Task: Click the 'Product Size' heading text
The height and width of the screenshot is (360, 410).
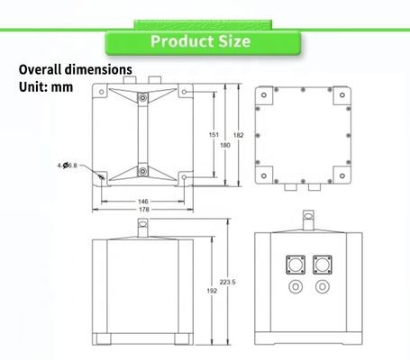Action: pyautogui.click(x=200, y=41)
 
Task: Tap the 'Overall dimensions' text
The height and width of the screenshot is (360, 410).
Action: pyautogui.click(x=76, y=69)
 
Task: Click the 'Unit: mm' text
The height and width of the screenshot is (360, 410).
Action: pyautogui.click(x=46, y=87)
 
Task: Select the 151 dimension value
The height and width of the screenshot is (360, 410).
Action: pyautogui.click(x=214, y=135)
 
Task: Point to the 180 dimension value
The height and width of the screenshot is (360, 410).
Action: pyautogui.click(x=225, y=145)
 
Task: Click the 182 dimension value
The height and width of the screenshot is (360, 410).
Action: pyautogui.click(x=238, y=135)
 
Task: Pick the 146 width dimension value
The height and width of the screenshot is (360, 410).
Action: pyautogui.click(x=143, y=202)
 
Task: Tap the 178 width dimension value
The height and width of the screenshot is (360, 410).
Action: pyautogui.click(x=144, y=210)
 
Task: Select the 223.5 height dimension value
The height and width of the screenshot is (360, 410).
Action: pyautogui.click(x=228, y=282)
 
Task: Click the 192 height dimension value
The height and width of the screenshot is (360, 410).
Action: pyautogui.click(x=212, y=291)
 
